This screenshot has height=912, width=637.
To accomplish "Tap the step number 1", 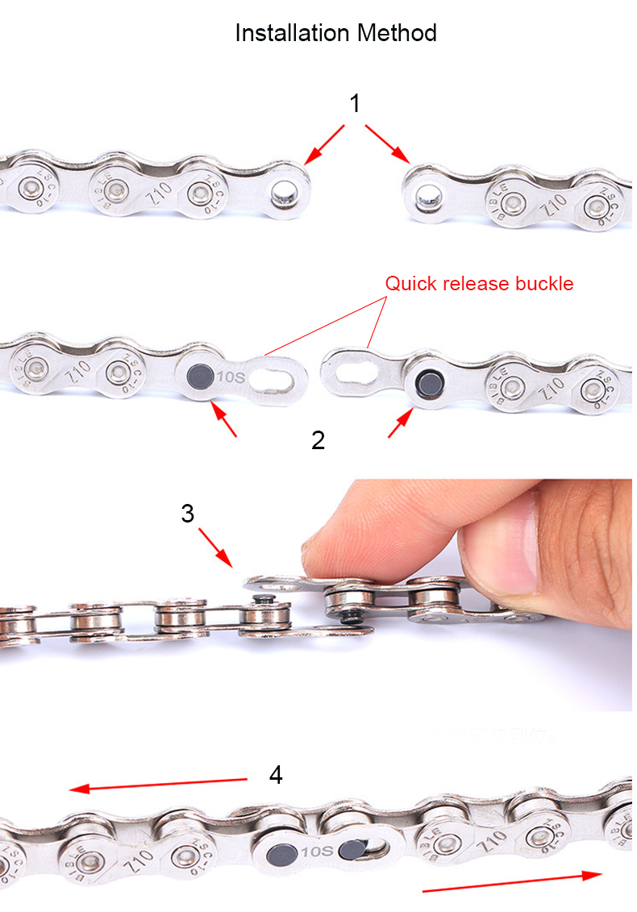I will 355,104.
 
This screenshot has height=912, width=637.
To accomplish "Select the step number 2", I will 318,440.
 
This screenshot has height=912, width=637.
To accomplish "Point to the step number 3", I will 188,514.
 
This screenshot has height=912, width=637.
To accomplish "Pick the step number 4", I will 276,775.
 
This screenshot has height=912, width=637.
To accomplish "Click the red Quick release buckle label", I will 479,284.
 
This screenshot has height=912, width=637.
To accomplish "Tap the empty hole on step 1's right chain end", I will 425,194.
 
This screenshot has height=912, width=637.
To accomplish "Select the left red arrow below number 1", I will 325,143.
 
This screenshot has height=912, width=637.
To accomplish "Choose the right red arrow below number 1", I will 389,143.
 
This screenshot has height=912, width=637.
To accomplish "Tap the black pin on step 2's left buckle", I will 198,376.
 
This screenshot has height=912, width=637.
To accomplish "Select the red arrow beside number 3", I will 215,547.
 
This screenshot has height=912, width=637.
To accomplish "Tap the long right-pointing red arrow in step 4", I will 512,881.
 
